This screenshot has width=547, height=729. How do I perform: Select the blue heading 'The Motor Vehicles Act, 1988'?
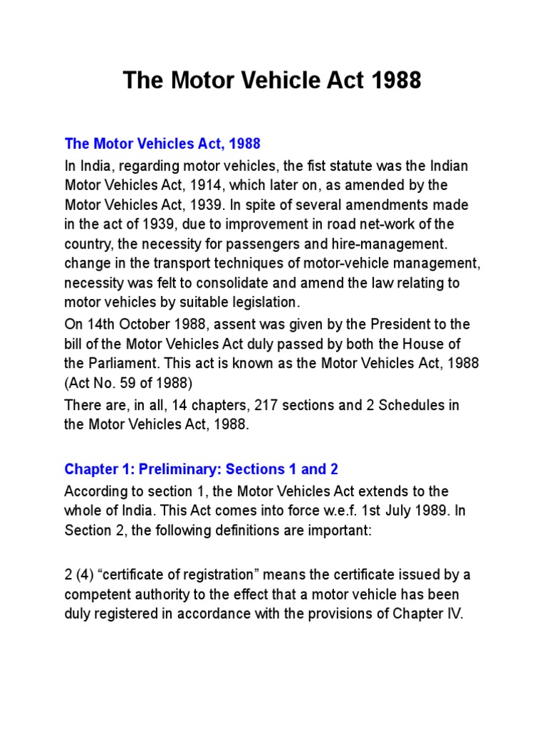(x=162, y=144)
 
